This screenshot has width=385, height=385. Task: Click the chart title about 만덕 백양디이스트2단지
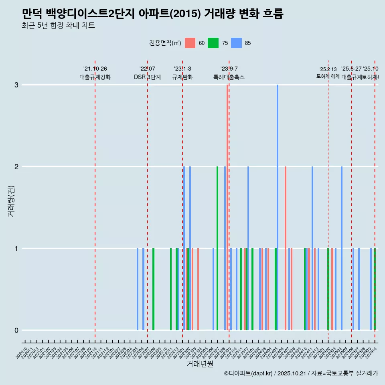[x=153, y=14]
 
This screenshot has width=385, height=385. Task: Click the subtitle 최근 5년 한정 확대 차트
[x=59, y=26]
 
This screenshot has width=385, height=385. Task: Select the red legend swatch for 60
[x=190, y=43]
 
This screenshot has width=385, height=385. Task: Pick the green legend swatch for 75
[x=213, y=43]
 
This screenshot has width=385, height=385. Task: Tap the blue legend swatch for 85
[x=237, y=43]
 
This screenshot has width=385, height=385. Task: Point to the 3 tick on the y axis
[x=16, y=85]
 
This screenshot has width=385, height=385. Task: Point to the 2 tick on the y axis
[x=16, y=167]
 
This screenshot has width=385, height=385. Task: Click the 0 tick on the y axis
[x=16, y=330]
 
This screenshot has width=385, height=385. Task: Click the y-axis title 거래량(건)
[x=11, y=201]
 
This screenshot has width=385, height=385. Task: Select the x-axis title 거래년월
[x=200, y=364]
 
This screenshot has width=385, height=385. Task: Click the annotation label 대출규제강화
[x=95, y=77]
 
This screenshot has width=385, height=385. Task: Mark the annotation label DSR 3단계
[x=147, y=77]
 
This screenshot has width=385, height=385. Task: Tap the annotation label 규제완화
[x=182, y=77]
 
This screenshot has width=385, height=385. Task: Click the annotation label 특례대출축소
[x=229, y=77]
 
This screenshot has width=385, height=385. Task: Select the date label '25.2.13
[x=328, y=69]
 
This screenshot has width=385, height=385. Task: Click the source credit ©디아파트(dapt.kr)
[x=249, y=374]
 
